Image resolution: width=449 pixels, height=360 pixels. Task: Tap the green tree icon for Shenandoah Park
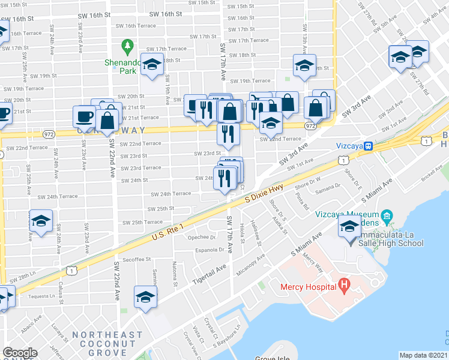tap(127, 46)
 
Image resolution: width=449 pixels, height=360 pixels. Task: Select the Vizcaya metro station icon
tap(370, 145)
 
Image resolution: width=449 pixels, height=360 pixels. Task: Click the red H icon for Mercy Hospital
tap(344, 285)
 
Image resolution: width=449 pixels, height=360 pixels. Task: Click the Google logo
tap(20, 353)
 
